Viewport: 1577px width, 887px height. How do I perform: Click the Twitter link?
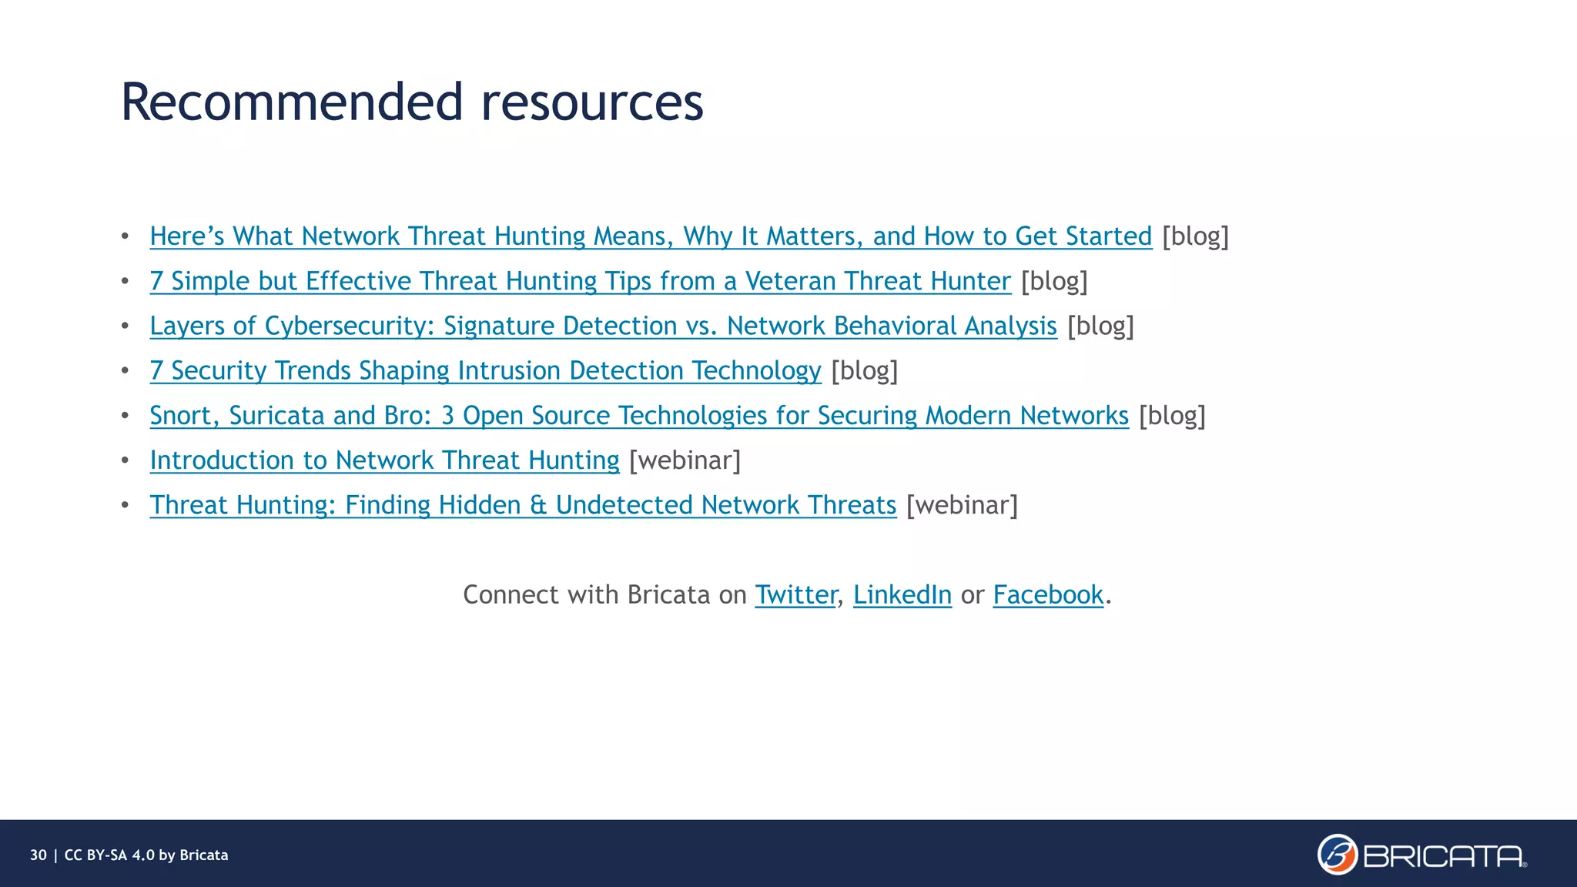pyautogui.click(x=795, y=594)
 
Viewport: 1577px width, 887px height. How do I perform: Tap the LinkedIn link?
pyautogui.click(x=902, y=594)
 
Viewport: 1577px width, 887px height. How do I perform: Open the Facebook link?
pyautogui.click(x=1048, y=594)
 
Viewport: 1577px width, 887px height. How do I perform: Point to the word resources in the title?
pyautogui.click(x=592, y=103)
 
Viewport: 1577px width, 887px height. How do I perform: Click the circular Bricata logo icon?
pyautogui.click(x=1337, y=855)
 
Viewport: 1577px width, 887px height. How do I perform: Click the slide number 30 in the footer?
pyautogui.click(x=39, y=855)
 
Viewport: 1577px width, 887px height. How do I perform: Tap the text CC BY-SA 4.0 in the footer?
pyautogui.click(x=109, y=855)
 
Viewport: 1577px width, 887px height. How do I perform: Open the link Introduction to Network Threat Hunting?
pyautogui.click(x=384, y=460)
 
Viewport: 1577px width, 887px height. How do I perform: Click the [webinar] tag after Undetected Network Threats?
pyautogui.click(x=962, y=505)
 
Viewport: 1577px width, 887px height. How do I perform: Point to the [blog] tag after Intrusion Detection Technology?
pyautogui.click(x=864, y=370)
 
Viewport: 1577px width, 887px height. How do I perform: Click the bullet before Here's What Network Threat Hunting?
pyautogui.click(x=125, y=236)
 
